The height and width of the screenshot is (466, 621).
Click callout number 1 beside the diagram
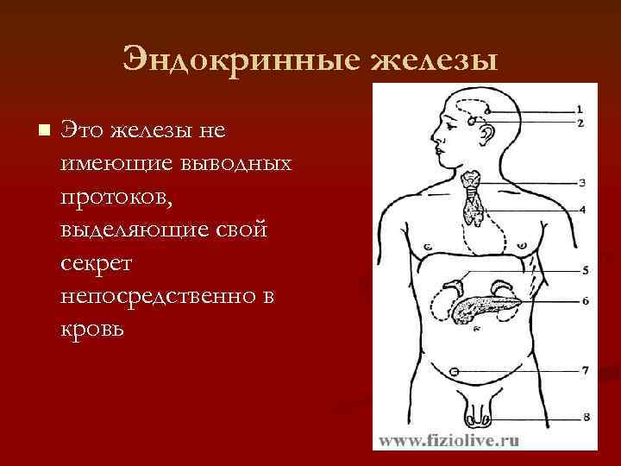point(580,110)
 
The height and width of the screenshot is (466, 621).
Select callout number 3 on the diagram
point(581,183)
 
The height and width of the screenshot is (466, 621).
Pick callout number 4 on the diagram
point(581,209)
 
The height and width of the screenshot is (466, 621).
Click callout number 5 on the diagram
point(584,271)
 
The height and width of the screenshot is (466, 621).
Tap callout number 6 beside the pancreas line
point(584,301)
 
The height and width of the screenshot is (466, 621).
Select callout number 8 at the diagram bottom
point(585,418)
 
